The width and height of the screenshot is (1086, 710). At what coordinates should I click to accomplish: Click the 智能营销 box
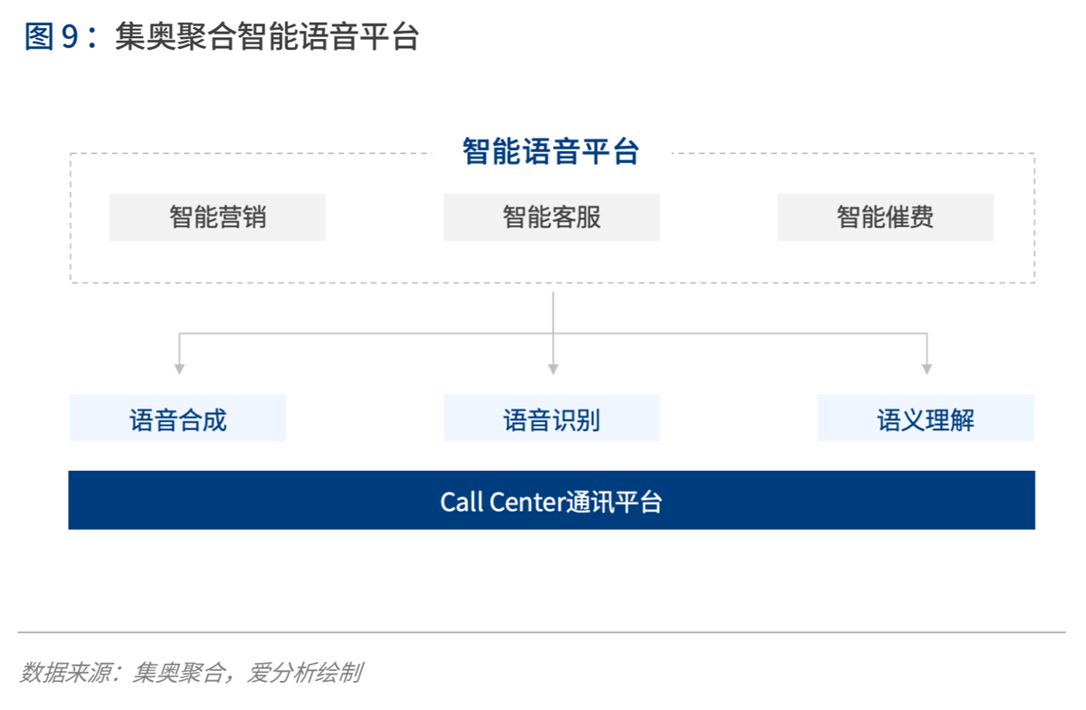click(217, 217)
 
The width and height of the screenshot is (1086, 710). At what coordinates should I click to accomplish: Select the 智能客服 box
click(551, 217)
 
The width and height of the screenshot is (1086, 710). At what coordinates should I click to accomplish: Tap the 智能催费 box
click(885, 217)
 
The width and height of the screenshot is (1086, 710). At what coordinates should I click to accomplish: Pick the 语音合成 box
click(177, 418)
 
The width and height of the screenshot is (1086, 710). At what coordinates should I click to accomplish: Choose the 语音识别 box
click(551, 418)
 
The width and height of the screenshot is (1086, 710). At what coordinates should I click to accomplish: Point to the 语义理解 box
click(925, 418)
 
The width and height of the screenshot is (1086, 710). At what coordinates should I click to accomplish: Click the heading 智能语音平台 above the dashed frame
click(551, 151)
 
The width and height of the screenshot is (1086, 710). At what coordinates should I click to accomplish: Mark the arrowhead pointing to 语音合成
click(179, 369)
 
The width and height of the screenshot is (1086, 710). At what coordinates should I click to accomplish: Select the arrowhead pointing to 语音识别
click(553, 369)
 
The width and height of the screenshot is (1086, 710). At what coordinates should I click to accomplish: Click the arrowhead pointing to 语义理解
click(927, 369)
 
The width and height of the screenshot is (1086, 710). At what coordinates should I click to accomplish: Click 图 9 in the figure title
click(52, 37)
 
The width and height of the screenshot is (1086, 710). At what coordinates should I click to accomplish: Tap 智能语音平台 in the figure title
click(328, 37)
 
